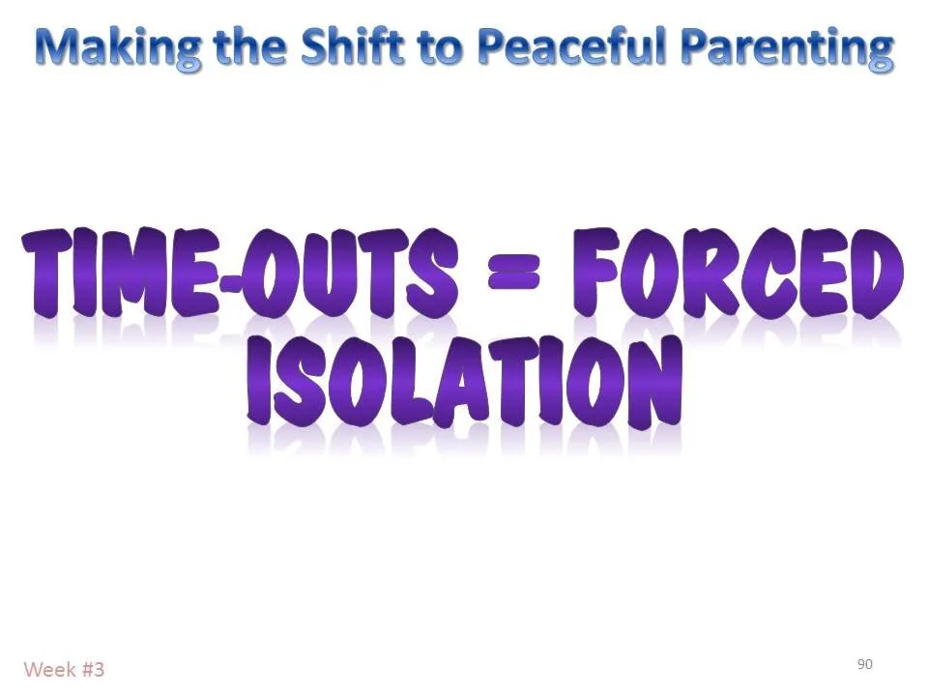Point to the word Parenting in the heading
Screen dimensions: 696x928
tap(788, 45)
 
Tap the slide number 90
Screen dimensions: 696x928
tap(864, 664)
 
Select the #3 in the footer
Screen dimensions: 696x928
tap(93, 669)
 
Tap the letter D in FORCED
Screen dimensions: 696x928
tap(875, 273)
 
